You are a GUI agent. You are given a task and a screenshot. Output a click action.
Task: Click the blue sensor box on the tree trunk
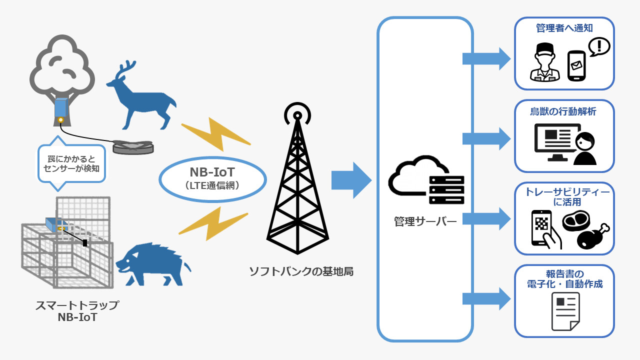60,108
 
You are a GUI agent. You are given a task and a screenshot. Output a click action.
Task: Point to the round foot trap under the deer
132,146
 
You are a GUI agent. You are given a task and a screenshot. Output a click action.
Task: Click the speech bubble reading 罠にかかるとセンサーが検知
71,163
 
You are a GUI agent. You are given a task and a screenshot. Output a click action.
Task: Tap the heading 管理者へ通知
564,28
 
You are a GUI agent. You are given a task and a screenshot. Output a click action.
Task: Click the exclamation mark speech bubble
598,46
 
